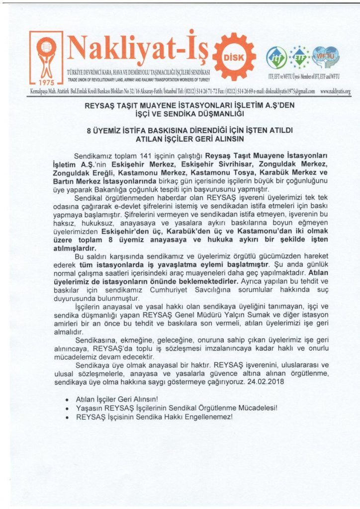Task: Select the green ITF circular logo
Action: [276, 58]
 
